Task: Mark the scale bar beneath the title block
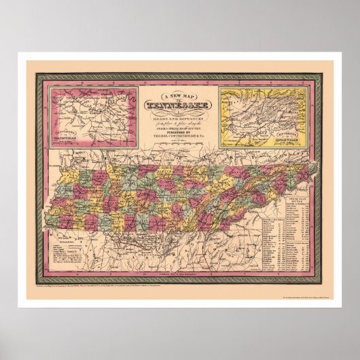click(179, 139)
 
